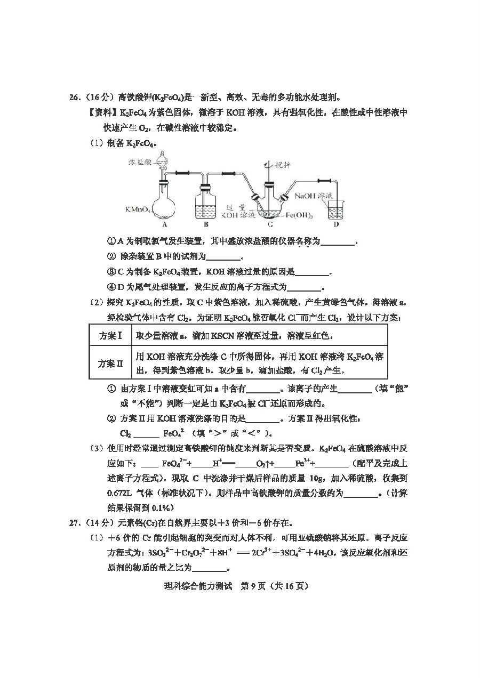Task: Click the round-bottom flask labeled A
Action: (163, 205)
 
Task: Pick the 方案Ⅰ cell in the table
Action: (110, 336)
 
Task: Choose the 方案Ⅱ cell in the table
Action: (110, 364)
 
